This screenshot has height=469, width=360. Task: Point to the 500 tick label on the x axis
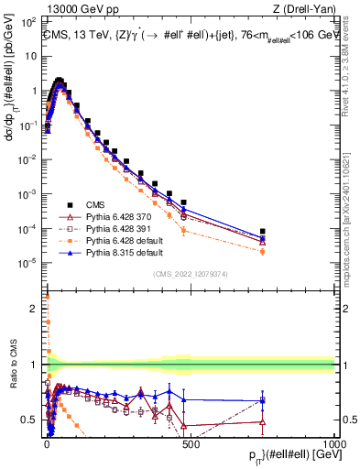click(x=190, y=442)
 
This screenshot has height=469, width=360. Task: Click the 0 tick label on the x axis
click(x=47, y=442)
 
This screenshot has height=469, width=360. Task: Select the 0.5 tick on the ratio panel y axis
click(x=30, y=420)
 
